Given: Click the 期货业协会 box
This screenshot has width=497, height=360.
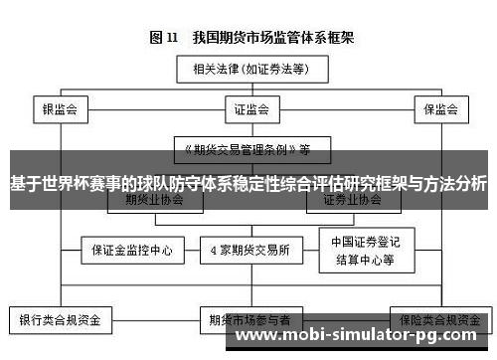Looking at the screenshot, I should (x=159, y=199).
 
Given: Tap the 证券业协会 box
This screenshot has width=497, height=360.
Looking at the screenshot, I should (x=351, y=199).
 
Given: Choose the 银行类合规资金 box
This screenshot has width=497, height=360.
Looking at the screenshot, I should (x=62, y=320).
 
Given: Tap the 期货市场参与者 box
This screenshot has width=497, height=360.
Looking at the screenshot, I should (x=248, y=320).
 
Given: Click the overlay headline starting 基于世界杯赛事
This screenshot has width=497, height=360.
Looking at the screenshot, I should (x=248, y=183).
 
